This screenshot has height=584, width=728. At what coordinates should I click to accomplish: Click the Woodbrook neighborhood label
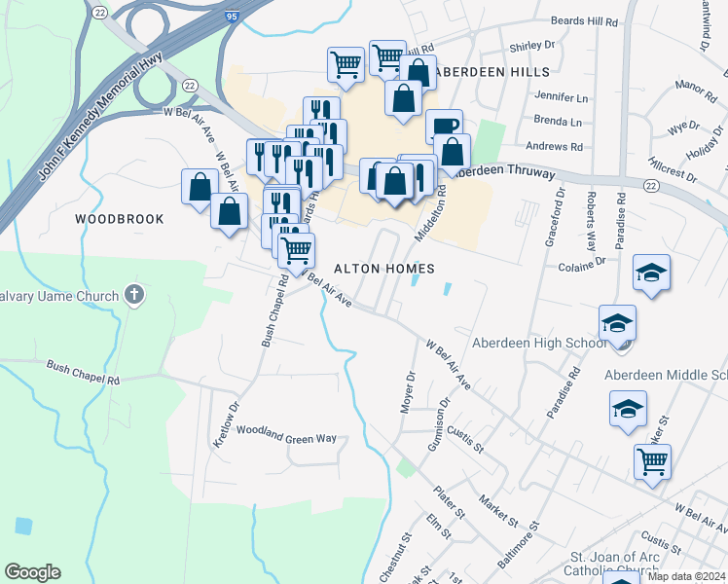pyautogui.click(x=120, y=219)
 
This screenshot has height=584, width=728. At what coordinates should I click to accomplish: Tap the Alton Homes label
pyautogui.click(x=382, y=268)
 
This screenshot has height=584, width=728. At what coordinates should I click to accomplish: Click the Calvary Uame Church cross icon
pyautogui.click(x=135, y=295)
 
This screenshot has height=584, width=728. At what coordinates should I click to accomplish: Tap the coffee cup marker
pyautogui.click(x=444, y=127)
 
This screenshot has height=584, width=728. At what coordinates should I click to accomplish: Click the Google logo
pyautogui.click(x=32, y=572)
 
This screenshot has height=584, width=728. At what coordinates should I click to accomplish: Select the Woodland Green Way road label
pyautogui.click(x=286, y=438)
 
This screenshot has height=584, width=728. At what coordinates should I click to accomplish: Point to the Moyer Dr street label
pyautogui.click(x=410, y=391)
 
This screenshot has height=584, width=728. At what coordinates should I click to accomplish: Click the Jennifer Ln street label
pyautogui.click(x=563, y=98)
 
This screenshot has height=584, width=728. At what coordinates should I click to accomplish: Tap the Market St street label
pyautogui.click(x=498, y=510)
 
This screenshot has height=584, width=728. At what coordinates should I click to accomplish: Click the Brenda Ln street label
pyautogui.click(x=557, y=123)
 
